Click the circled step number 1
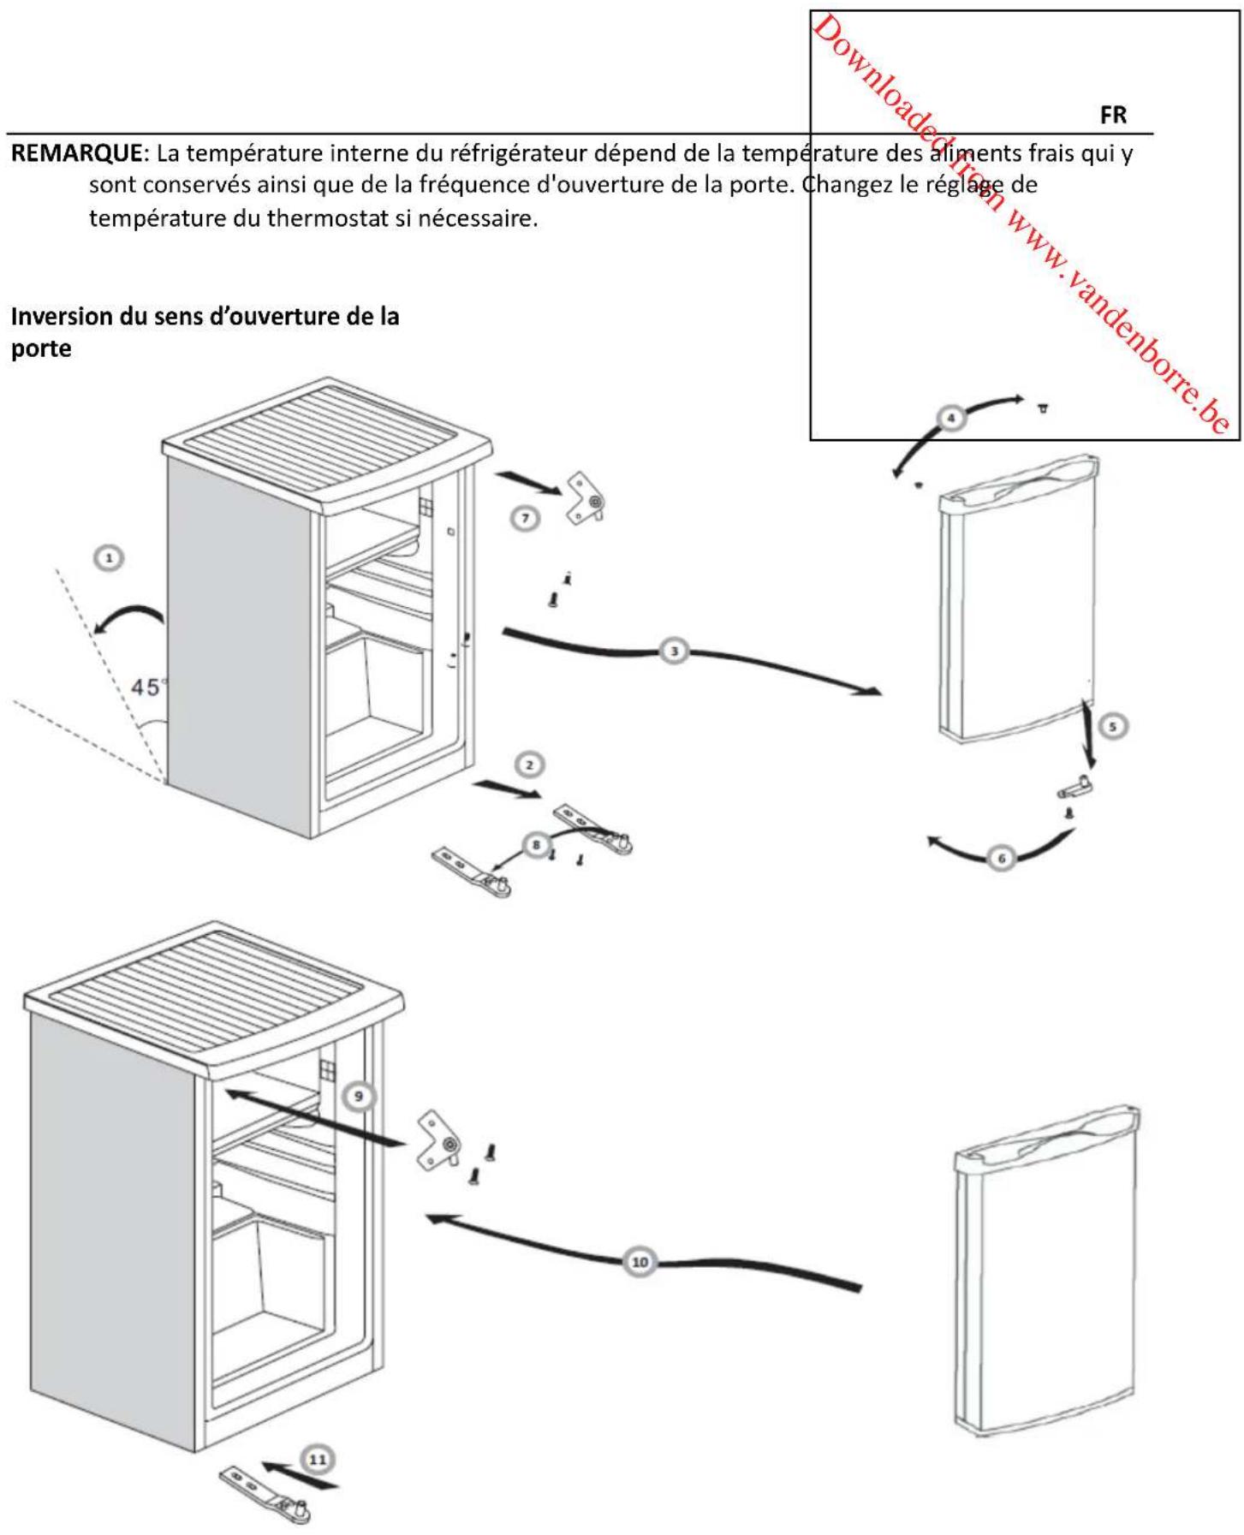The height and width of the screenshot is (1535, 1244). [109, 558]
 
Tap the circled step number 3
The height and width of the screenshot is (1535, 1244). [675, 651]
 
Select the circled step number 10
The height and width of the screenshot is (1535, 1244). [640, 1262]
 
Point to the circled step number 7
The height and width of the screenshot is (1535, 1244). [525, 518]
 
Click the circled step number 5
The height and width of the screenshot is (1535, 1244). [1112, 726]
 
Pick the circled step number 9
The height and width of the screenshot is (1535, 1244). [359, 1096]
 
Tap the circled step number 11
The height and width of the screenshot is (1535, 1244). [318, 1460]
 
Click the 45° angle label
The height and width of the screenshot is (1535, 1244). [147, 687]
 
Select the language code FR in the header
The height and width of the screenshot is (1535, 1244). [1113, 115]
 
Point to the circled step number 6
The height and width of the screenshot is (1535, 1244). [1000, 857]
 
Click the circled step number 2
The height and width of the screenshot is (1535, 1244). [529, 765]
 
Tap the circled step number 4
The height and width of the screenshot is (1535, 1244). [951, 418]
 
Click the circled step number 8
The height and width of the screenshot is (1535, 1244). [536, 845]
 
